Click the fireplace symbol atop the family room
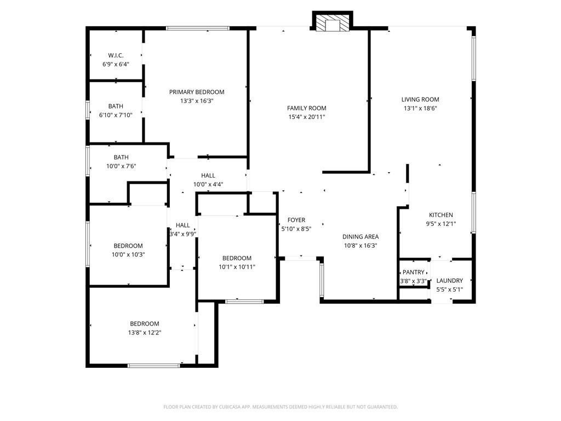pos(332,22)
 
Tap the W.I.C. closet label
pos(116,55)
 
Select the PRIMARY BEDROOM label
pos(197,92)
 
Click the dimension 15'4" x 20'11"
pos(307,117)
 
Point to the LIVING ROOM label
pos(420,100)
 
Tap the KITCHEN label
pos(441,215)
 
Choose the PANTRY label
pos(414,272)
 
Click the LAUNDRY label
pos(450,281)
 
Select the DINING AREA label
pos(360,237)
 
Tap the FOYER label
pos(296,220)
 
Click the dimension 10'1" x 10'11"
pos(237,267)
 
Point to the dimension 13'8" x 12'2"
pos(145,332)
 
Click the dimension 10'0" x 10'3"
pos(128,254)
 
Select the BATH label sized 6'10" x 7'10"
pos(116,106)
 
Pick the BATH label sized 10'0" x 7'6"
pos(121,157)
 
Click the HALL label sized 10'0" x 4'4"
pos(208,175)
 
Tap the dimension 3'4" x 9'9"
pos(183,234)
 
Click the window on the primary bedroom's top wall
pos(198,28)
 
